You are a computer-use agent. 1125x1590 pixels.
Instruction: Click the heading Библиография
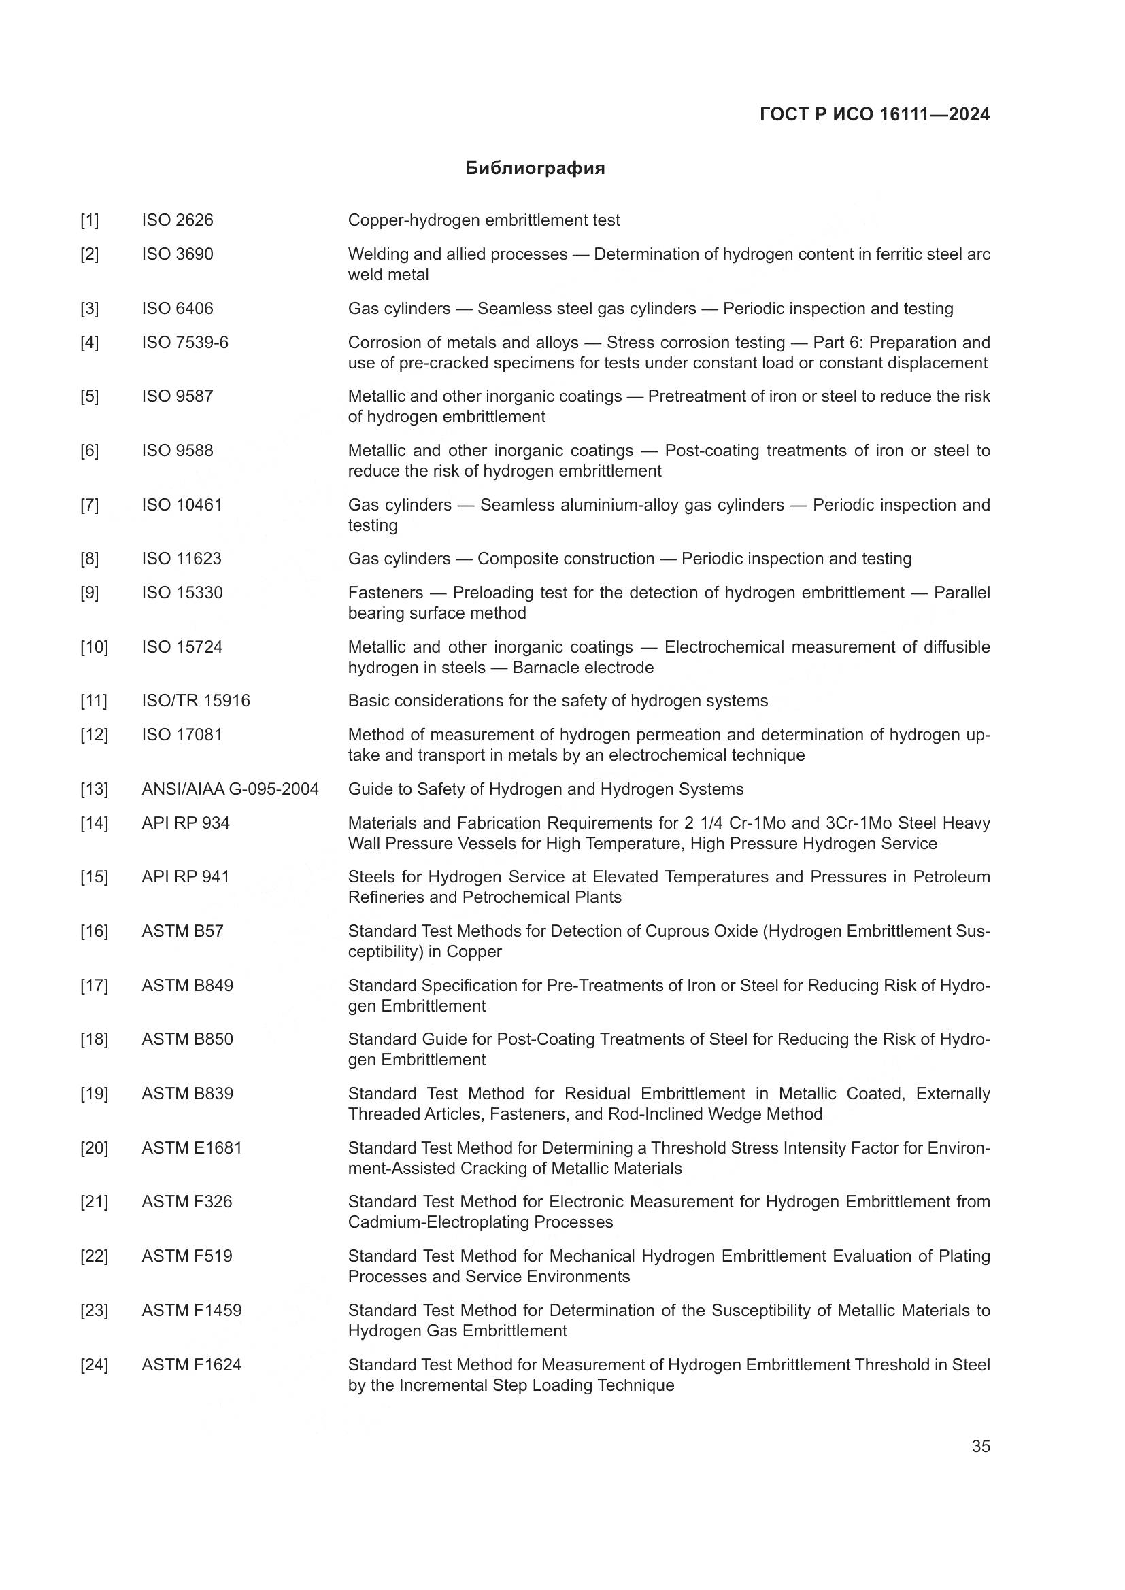click(535, 169)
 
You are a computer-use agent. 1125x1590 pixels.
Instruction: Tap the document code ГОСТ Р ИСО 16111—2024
click(874, 114)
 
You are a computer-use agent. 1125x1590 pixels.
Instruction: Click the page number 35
click(980, 1446)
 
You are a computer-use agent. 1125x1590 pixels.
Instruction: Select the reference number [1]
click(89, 220)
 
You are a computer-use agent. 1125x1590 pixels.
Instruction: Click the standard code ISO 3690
click(178, 254)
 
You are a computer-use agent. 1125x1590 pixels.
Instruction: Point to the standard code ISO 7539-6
click(185, 342)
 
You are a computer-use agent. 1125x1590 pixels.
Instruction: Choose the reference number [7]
click(89, 505)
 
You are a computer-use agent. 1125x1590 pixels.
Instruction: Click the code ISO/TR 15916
click(196, 701)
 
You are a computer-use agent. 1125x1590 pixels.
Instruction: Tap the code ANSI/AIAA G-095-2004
click(230, 789)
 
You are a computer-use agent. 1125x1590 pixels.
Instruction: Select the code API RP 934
click(186, 823)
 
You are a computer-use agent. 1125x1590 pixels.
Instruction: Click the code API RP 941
click(186, 877)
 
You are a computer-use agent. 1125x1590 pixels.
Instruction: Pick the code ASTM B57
click(182, 931)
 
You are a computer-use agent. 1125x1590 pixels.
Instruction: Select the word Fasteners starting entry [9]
click(385, 593)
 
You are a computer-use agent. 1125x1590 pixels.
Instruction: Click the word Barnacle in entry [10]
click(544, 668)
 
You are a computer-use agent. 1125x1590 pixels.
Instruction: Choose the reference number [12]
click(95, 735)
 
